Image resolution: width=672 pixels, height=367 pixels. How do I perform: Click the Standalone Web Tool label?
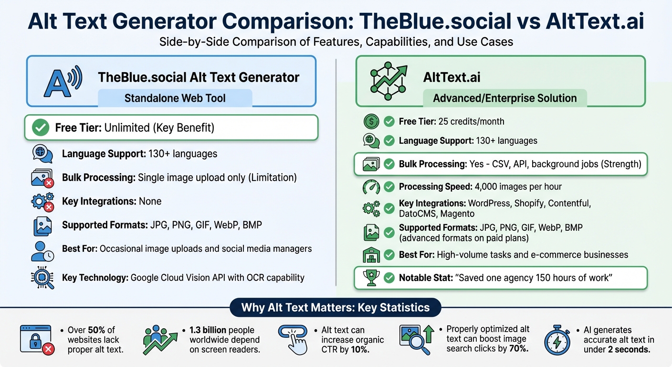[175, 98]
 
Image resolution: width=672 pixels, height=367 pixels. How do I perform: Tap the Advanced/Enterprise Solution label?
[504, 98]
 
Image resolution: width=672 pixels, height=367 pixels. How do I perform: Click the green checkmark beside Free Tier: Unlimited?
[40, 128]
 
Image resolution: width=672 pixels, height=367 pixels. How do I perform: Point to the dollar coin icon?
[371, 121]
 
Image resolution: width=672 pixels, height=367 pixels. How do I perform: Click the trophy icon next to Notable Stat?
[371, 278]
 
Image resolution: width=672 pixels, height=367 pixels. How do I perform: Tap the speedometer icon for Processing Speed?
[371, 187]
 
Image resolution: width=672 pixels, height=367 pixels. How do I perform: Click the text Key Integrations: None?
[112, 201]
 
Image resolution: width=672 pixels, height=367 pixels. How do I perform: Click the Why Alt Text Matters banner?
[335, 307]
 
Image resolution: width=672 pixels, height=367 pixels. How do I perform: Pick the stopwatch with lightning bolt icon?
[557, 340]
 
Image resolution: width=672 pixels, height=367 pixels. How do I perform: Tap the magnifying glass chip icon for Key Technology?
[42, 278]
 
